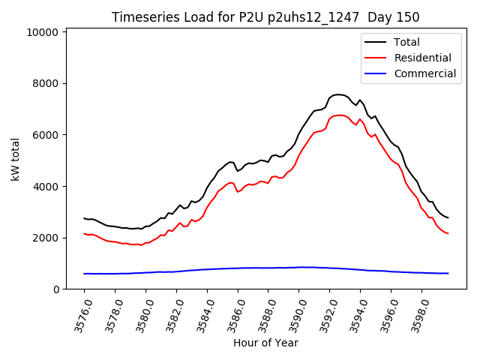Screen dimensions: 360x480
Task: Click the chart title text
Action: [x=265, y=17]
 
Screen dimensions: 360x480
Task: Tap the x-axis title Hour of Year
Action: [x=265, y=343]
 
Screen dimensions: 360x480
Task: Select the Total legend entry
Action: [x=406, y=42]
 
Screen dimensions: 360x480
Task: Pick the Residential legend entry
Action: [x=422, y=58]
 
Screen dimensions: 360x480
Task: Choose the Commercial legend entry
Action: [x=424, y=73]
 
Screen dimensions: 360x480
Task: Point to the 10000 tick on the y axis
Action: [x=42, y=32]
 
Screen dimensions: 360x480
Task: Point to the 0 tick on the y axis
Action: [x=55, y=289]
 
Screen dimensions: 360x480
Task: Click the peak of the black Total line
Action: [x=338, y=94]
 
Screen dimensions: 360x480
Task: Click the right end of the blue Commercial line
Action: [x=448, y=273]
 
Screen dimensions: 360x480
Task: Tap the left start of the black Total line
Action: [x=84, y=218]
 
